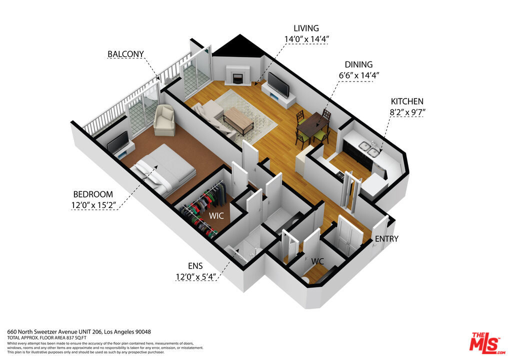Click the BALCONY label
coord(125,54)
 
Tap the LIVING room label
coord(306,28)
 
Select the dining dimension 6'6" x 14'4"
coord(359,75)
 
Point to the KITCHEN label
coord(407,101)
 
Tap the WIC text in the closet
coord(216,216)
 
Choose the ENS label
coord(195,266)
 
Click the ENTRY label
coord(386,239)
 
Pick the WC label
coord(317,261)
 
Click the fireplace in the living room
coord(238,75)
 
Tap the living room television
coord(278,84)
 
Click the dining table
coord(313,125)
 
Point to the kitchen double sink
coord(370,149)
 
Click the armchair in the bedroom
coord(164,120)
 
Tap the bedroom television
coord(118,142)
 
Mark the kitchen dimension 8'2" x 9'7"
coord(407,112)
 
